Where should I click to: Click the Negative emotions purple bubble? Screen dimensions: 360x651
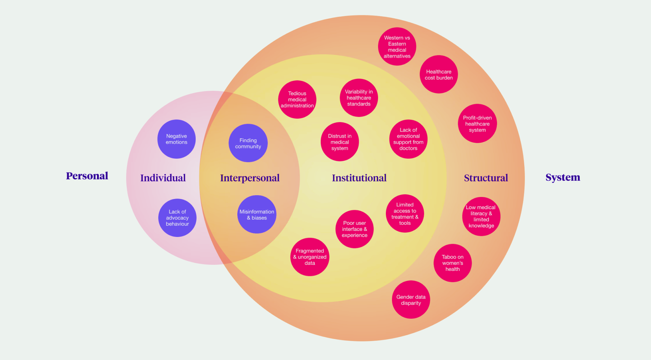point(176,139)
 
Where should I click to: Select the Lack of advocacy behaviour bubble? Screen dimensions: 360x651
point(177,218)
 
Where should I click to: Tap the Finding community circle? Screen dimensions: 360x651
point(248,143)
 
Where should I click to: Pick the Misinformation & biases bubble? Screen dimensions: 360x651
point(257,214)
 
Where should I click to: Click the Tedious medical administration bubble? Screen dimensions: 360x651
point(297,99)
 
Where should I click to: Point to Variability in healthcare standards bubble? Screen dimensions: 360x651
point(359,98)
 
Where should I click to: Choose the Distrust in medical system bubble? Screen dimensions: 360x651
point(340,142)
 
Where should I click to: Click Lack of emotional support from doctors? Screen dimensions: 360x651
point(408,139)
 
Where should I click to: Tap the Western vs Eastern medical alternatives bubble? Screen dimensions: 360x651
point(397,46)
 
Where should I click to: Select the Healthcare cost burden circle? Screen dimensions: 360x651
point(439,74)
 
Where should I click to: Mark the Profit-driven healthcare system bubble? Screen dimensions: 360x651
point(477,123)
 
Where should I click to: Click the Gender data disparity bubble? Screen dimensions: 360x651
point(411,300)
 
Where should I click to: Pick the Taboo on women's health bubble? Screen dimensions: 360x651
point(453,263)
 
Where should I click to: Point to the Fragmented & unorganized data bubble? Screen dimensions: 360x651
point(310,257)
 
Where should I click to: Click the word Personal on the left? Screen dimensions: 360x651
point(87,176)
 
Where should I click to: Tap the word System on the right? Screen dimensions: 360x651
point(563,177)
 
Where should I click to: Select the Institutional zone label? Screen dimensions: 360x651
point(359,178)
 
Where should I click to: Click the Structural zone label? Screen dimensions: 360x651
point(486,178)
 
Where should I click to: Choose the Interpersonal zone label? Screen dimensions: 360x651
point(250,178)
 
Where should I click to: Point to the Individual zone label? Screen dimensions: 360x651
point(163,178)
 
